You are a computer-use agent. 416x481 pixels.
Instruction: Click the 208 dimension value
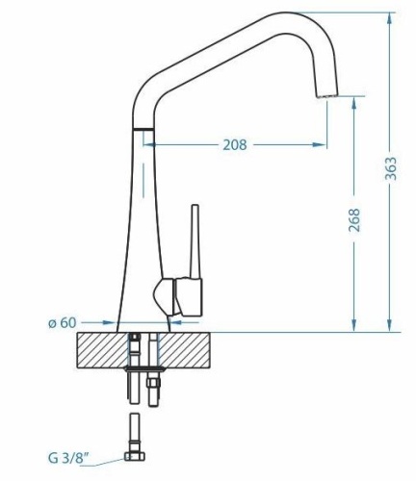pyautogui.click(x=235, y=145)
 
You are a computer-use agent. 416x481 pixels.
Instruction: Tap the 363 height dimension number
pyautogui.click(x=391, y=168)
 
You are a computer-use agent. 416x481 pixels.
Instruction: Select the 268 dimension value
pyautogui.click(x=354, y=220)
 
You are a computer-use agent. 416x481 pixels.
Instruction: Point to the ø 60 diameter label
pyautogui.click(x=63, y=322)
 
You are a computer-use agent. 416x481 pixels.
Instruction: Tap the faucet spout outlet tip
pyautogui.click(x=327, y=95)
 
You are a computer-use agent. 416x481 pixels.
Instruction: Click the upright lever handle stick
pyautogui.click(x=195, y=241)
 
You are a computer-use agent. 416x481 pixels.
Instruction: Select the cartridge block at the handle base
pyautogui.click(x=189, y=296)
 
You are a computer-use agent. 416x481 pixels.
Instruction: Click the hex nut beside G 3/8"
pyautogui.click(x=135, y=456)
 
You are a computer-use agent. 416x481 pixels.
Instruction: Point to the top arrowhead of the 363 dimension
pyautogui.click(x=390, y=18)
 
